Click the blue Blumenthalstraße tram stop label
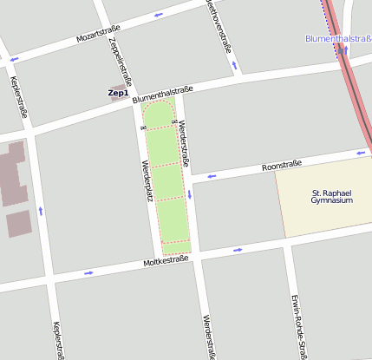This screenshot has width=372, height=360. point(338,38)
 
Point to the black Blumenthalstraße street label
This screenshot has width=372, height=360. point(162,95)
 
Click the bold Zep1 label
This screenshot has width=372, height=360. point(118,93)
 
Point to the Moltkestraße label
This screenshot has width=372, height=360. point(166,260)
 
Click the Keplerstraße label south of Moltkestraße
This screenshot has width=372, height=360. point(58,340)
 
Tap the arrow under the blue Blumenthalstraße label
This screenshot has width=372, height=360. point(345,49)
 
